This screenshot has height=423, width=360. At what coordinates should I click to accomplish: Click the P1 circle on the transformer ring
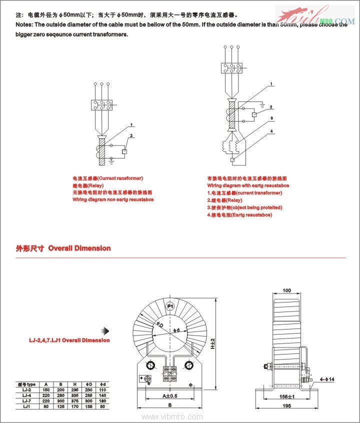(x=169, y=306)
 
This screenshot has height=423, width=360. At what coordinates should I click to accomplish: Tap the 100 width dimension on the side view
(x=286, y=290)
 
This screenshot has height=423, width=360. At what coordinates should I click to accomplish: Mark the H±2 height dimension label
(x=218, y=344)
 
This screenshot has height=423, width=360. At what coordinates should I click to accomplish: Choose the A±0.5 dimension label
(x=169, y=396)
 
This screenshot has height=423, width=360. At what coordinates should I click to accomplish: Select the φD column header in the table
(x=90, y=384)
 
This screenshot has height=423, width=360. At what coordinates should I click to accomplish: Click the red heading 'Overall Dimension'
(x=79, y=248)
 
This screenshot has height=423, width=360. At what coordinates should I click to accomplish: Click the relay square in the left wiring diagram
(x=125, y=151)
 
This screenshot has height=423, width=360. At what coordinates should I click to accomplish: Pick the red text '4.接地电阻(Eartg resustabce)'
(x=239, y=214)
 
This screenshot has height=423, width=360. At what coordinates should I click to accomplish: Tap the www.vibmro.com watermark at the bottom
(x=172, y=416)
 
